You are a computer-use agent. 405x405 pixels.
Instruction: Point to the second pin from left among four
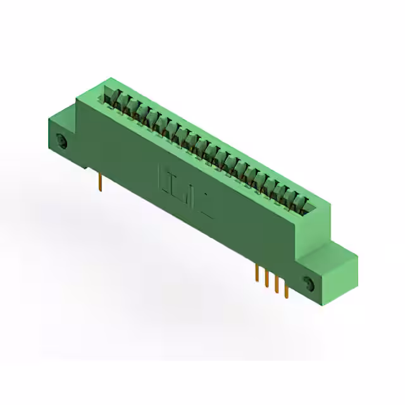point(266,278)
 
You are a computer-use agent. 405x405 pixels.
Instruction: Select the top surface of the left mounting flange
point(63,115)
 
